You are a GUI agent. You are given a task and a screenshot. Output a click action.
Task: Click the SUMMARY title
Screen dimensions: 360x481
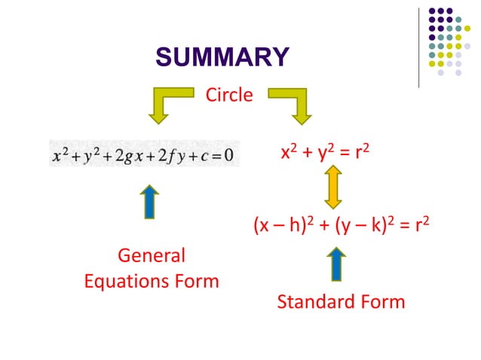coord(222,57)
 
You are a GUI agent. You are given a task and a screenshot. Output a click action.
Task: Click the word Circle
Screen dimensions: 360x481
coord(229,96)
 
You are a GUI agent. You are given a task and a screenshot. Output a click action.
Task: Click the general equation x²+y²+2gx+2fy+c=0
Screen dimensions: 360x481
coord(144,155)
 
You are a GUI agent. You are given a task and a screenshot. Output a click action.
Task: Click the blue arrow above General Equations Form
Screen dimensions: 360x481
coord(151,201)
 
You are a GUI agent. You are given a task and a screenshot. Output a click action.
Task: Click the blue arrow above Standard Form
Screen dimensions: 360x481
coord(337,264)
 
